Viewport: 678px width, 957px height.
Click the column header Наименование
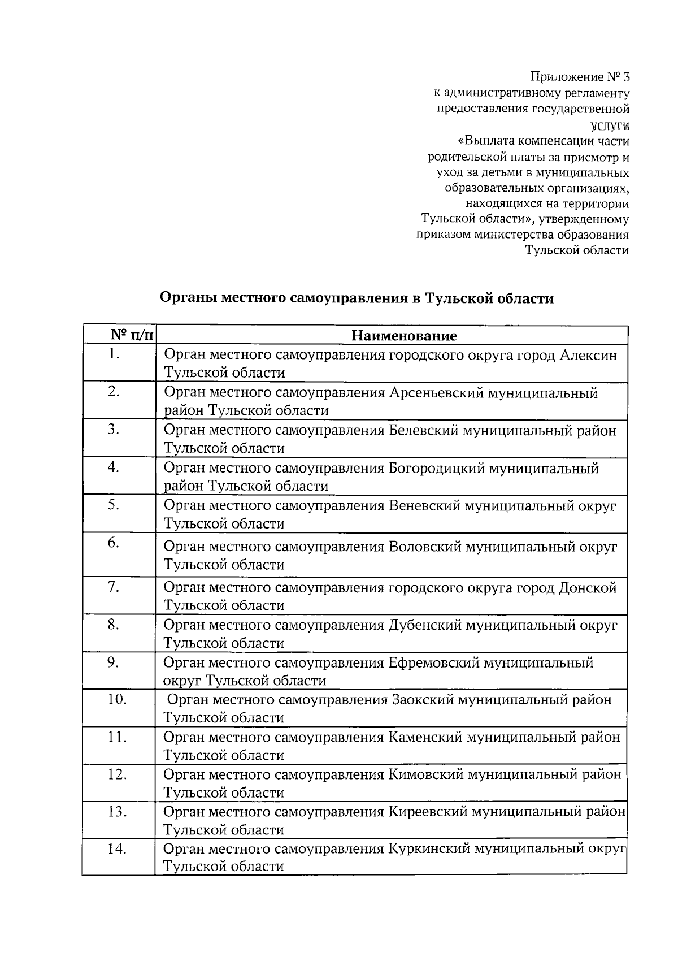pos(404,336)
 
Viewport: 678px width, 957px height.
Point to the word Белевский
pos(424,431)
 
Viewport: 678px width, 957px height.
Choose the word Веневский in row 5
pos(424,506)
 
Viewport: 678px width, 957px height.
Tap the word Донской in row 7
pos(588,588)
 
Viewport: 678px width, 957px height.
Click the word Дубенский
pos(425,625)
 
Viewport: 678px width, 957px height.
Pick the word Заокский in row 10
pos(421,700)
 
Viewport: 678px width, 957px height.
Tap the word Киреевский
pos(427,812)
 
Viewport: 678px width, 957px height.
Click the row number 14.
pos(116,849)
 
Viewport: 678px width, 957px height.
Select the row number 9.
pos(113,662)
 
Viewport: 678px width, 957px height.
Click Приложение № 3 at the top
pos(580,76)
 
